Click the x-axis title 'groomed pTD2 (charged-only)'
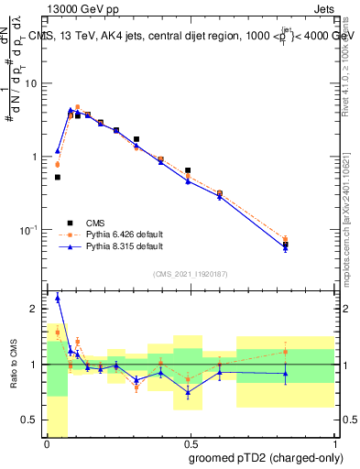coord(265,458)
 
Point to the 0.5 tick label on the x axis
coord(190,444)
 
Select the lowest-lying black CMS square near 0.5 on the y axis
coord(58,177)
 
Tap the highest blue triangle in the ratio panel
coord(58,298)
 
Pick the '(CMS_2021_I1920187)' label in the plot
coord(190,274)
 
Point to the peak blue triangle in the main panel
coord(71,110)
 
